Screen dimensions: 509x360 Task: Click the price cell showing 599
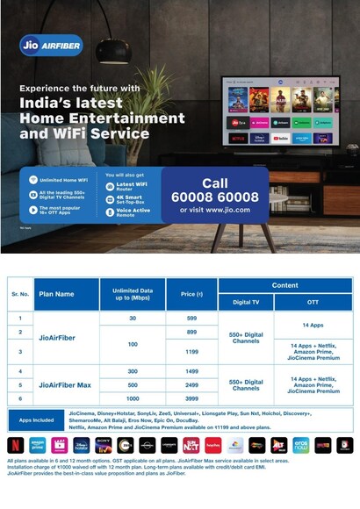[x=191, y=318]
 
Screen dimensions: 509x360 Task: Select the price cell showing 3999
[x=191, y=399]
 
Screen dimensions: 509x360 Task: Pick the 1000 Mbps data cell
[x=133, y=399]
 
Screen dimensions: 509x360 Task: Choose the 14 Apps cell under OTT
[x=313, y=325]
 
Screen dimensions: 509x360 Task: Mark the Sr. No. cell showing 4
[x=19, y=370]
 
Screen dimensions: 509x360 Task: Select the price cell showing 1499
[x=191, y=370]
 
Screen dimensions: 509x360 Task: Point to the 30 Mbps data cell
[x=133, y=318]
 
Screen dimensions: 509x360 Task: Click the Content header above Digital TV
[x=284, y=285]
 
